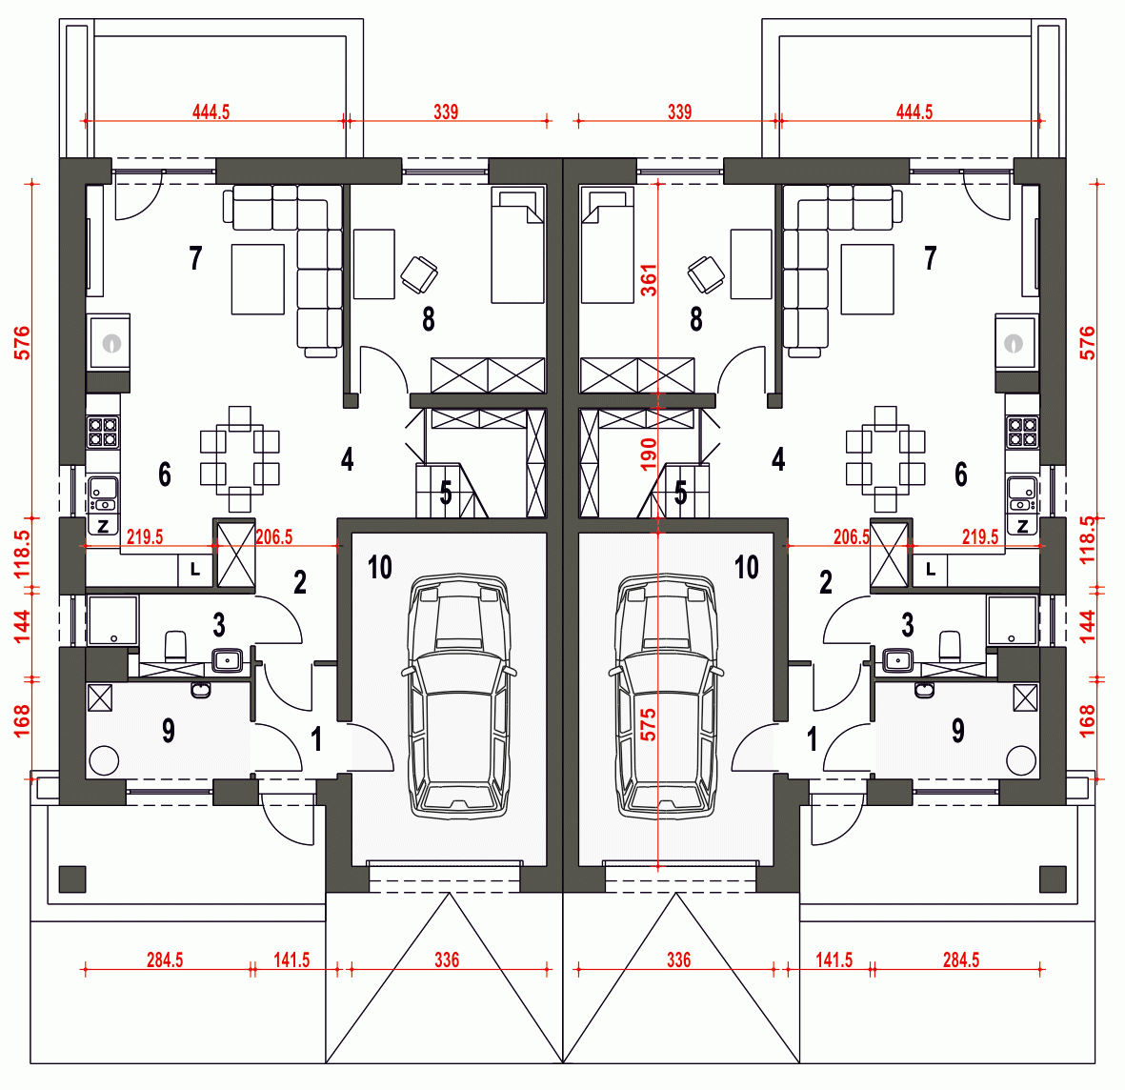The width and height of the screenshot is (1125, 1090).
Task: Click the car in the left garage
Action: tap(458, 696)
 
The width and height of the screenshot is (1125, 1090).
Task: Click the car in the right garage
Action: tap(667, 696)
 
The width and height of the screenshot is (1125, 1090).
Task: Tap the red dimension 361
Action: tap(649, 280)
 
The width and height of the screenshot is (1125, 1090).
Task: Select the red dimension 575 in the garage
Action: tap(649, 724)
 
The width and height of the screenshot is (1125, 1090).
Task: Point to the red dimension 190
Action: tap(649, 454)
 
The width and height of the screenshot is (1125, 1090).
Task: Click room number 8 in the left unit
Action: tap(429, 319)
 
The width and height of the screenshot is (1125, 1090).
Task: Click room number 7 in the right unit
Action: tap(931, 257)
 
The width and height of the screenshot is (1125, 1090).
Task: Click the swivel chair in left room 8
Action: tap(419, 275)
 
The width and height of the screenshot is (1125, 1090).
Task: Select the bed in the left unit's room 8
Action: tap(517, 246)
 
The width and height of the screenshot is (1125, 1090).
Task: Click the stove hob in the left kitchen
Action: tap(102, 432)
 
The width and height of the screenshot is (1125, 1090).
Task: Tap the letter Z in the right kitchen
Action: tap(1022, 527)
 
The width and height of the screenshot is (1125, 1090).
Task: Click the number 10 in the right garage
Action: tap(746, 568)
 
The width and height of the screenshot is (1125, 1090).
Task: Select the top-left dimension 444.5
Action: tap(211, 111)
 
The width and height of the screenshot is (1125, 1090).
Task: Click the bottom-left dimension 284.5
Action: tap(165, 960)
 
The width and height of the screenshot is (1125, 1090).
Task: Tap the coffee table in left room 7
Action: tap(257, 279)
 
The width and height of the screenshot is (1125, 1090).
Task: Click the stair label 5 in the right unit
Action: tap(680, 494)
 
